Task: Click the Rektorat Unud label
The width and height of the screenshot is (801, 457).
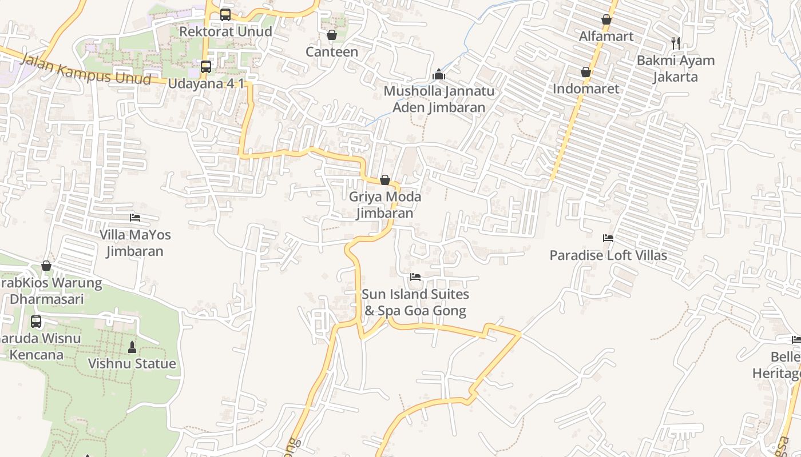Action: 225,31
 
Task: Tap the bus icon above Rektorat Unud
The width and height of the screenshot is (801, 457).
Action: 225,15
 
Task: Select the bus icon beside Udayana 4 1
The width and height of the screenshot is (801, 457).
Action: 206,67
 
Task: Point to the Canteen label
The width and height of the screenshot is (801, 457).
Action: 332,52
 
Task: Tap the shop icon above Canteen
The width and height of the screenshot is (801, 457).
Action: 332,35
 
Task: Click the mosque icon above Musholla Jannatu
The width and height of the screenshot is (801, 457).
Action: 439,74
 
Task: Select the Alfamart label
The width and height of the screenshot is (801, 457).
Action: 606,37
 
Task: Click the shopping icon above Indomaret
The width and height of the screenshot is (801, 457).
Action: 586,72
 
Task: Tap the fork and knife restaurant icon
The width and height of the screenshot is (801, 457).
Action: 676,43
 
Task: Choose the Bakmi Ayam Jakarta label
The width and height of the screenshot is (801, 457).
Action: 676,69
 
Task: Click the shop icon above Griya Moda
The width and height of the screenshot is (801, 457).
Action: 385,181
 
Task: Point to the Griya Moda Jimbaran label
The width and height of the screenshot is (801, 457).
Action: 385,205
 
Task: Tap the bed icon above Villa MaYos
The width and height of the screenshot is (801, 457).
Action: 135,218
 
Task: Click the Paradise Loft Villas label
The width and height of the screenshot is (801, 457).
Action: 608,255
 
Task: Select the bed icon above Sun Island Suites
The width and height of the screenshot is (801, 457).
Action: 415,277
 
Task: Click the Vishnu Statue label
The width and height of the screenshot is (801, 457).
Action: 132,364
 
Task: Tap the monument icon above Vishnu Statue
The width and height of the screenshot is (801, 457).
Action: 132,347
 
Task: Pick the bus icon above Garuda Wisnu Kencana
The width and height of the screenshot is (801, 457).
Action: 36,322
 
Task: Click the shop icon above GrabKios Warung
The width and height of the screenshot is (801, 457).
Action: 46,266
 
